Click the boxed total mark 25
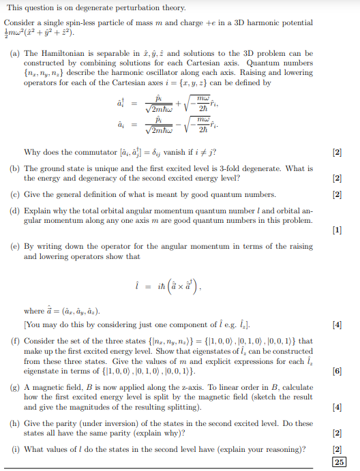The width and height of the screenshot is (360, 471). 339,461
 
